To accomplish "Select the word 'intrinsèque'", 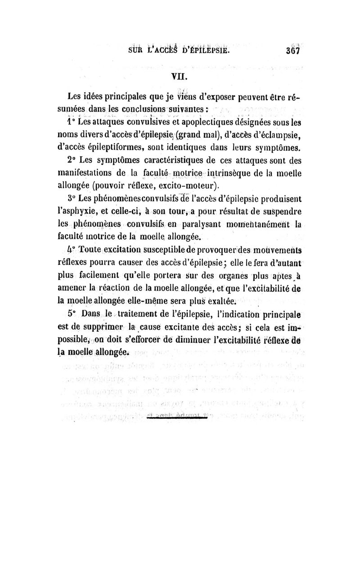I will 220,172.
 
